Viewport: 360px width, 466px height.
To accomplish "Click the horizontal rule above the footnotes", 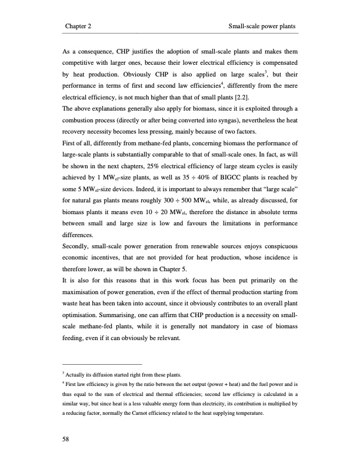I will [x=102, y=364].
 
